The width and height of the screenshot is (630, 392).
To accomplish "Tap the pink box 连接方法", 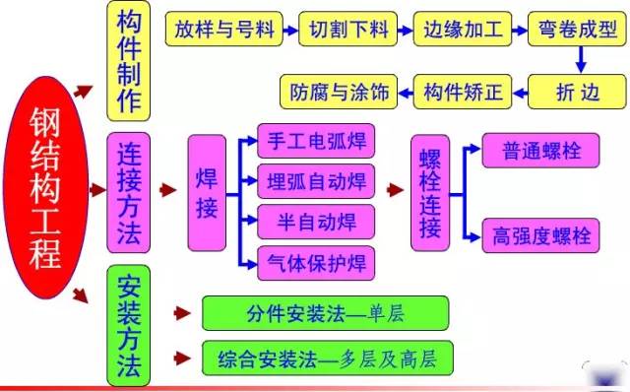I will (132, 193).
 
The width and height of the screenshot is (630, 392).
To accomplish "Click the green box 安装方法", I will (131, 327).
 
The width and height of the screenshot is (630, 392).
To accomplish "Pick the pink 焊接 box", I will (206, 193).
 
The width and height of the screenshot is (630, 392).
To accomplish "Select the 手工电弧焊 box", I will (315, 141).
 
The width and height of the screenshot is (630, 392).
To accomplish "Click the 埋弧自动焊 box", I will (315, 182).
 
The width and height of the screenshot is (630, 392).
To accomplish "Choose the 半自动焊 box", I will (315, 221).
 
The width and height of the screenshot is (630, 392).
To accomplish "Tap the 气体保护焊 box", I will (315, 261).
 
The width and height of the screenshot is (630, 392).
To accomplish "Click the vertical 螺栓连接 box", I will (430, 194).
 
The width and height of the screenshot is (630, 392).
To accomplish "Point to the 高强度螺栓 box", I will (540, 235).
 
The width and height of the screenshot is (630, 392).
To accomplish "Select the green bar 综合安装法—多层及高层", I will (325, 358).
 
